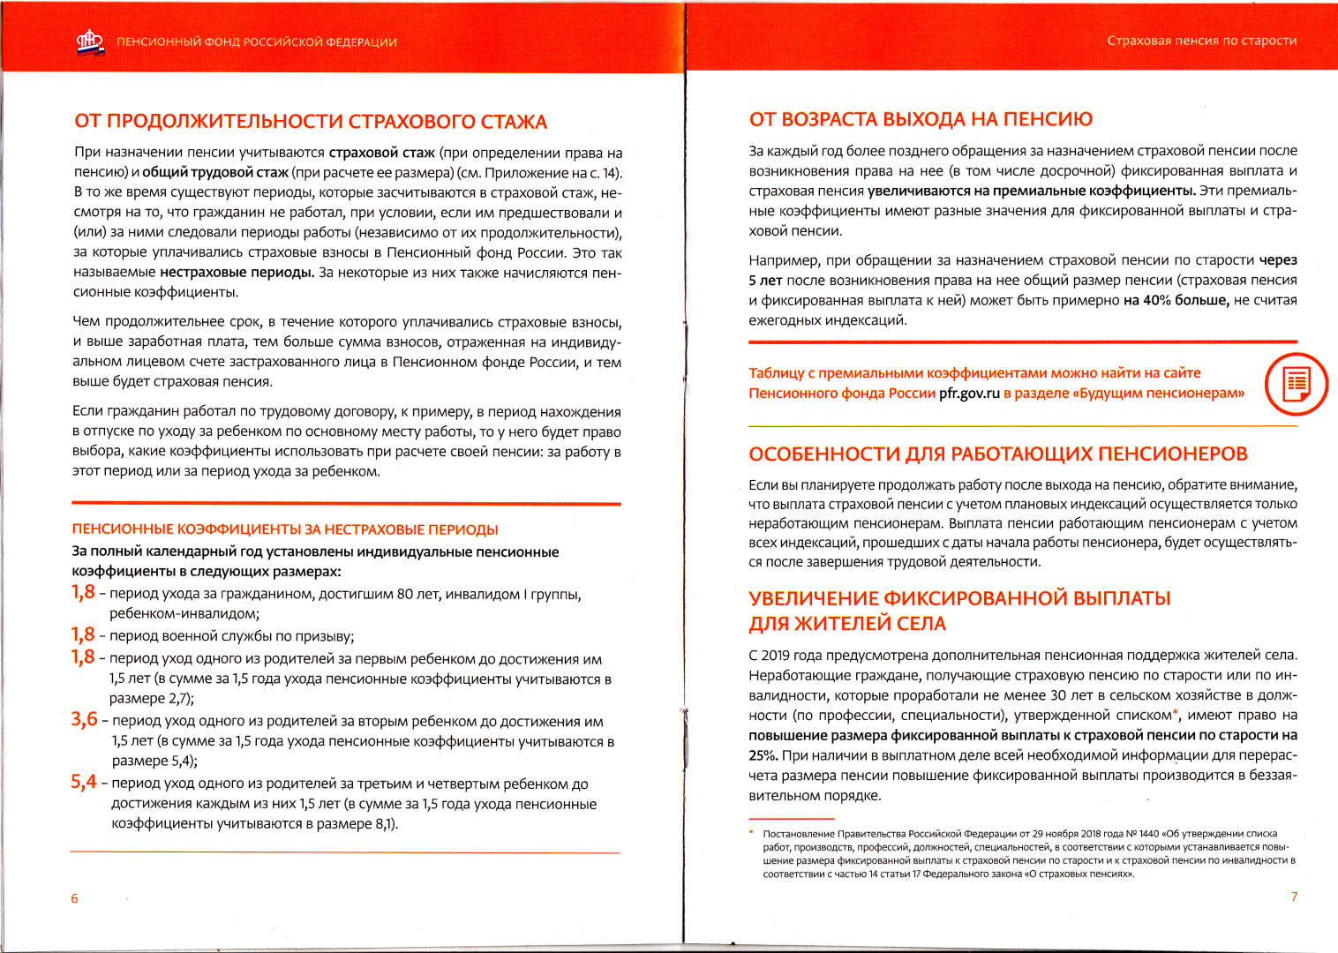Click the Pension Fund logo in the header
pos(90,42)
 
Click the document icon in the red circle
pos(1296,384)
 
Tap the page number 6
pos(74,898)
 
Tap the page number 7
pos(1294,897)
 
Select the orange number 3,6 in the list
pos(85,719)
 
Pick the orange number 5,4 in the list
pos(84,782)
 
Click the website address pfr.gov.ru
pos(969,394)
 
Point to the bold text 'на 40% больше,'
pos(1176,300)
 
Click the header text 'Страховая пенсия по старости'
pos(1201,41)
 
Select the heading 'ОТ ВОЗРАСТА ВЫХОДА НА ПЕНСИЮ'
pos(921,119)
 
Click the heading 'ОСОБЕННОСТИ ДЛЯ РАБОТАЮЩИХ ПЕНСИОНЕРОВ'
pos(997,454)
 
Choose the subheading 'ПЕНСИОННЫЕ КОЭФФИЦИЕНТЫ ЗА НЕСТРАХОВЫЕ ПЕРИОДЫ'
pos(284,529)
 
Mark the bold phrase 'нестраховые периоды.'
pos(237,272)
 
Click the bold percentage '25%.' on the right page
pos(763,755)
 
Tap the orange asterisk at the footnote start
pos(751,832)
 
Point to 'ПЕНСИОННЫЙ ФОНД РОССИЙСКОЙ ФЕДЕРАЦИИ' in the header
pos(256,42)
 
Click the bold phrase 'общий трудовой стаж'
pos(215,173)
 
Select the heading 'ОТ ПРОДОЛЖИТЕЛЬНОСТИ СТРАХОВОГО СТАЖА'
pos(311,122)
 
